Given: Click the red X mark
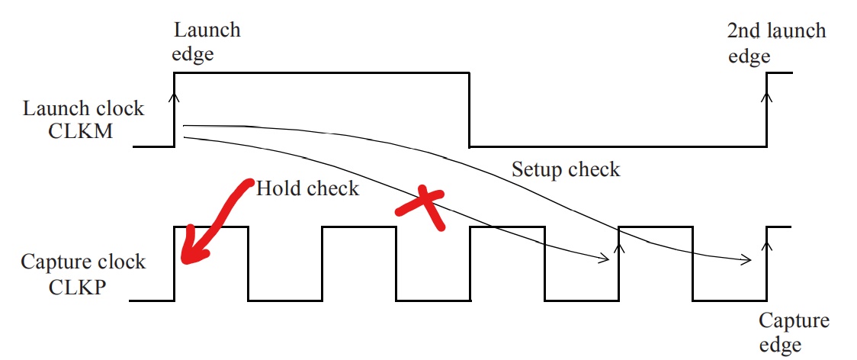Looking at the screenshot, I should (420, 207).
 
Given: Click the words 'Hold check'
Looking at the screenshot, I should (307, 188).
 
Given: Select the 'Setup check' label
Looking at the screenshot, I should (566, 169).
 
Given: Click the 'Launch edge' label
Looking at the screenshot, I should (207, 42).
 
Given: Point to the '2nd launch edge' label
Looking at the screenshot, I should (775, 43).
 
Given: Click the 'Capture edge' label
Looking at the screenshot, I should (794, 333).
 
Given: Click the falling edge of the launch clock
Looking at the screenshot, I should (469, 109).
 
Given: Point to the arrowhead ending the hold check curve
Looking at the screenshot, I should (605, 259).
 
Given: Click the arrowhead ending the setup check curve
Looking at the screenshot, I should (747, 260).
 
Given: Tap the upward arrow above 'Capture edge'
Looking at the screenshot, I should (767, 245).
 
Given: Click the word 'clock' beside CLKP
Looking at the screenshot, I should (121, 262).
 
